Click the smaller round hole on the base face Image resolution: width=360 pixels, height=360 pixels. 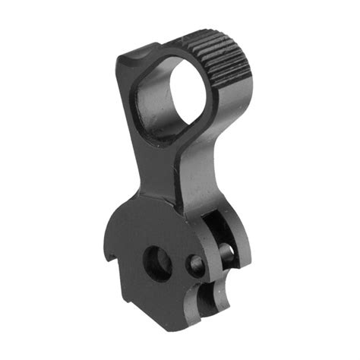pyautogui.click(x=196, y=264)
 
